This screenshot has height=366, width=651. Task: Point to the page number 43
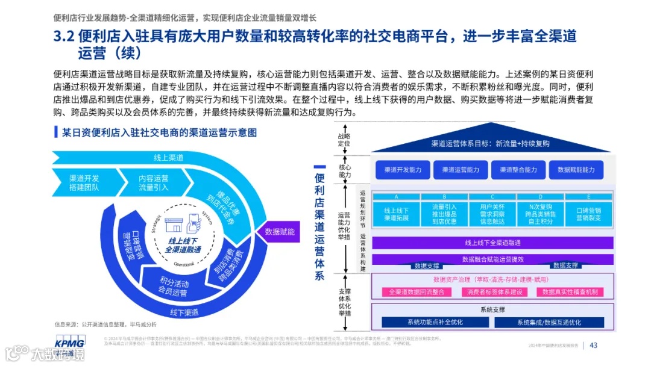(x=593, y=346)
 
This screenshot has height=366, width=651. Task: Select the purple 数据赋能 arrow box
(x=280, y=231)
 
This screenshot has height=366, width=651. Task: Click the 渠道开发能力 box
(x=402, y=170)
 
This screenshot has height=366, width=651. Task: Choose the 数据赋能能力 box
(x=576, y=170)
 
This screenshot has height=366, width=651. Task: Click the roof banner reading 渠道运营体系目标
(x=490, y=144)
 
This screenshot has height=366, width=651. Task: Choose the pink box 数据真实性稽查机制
(x=570, y=292)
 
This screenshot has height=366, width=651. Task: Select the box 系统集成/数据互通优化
(x=549, y=322)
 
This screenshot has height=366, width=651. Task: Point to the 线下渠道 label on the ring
(x=184, y=312)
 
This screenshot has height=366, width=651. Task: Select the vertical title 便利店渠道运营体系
(x=319, y=226)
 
